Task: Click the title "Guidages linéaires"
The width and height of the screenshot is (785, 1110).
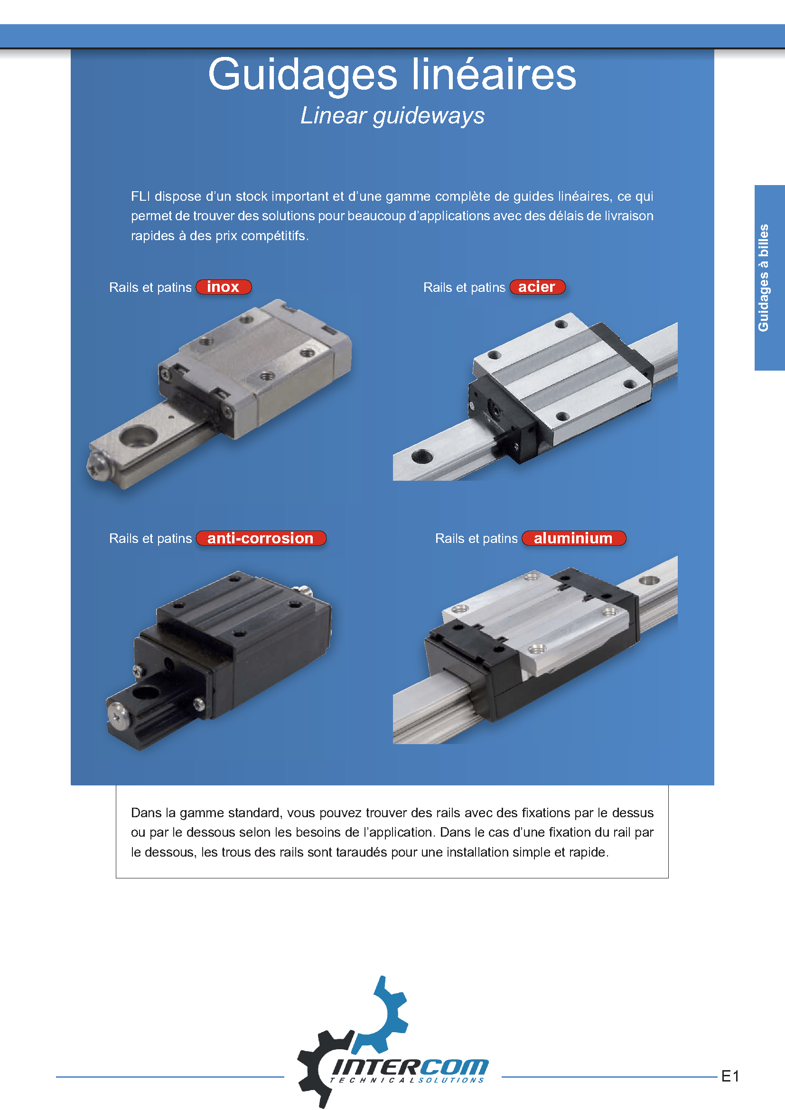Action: (x=392, y=75)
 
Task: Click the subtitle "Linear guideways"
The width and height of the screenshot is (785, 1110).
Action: (x=392, y=116)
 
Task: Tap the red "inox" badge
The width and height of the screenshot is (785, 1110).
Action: (x=224, y=287)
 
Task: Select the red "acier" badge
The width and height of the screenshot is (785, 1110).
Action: (x=537, y=287)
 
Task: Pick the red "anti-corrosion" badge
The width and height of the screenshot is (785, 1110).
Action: (x=261, y=538)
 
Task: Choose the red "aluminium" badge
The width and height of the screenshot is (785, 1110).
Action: (x=574, y=538)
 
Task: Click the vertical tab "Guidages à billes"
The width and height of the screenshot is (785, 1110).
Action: (x=763, y=278)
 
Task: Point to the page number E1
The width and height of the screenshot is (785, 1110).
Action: (x=730, y=1076)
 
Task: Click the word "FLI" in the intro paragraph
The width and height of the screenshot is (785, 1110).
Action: (x=140, y=196)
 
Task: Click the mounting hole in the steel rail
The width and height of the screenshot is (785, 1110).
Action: (x=422, y=456)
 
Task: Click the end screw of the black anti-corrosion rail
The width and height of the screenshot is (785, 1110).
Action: (x=116, y=715)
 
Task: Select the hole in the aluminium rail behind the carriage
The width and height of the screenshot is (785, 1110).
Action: (x=649, y=579)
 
